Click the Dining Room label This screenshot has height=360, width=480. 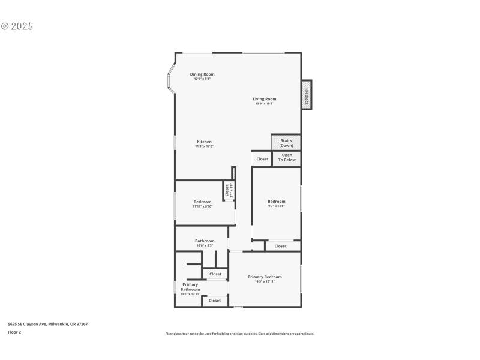pyautogui.click(x=202, y=74)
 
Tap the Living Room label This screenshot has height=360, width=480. pyautogui.click(x=264, y=99)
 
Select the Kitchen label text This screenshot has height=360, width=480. pyautogui.click(x=204, y=142)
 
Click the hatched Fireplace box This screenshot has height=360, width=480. pyautogui.click(x=306, y=95)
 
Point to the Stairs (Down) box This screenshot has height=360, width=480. pyautogui.click(x=286, y=143)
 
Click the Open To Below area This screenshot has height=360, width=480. pyautogui.click(x=286, y=158)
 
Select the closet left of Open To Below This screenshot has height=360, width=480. pyautogui.click(x=262, y=159)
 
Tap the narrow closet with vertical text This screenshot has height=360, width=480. pyautogui.click(x=229, y=190)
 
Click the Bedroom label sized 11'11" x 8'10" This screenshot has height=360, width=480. pyautogui.click(x=202, y=202)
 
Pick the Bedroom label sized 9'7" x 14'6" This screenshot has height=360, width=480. pyautogui.click(x=276, y=201)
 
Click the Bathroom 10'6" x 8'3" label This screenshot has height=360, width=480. pyautogui.click(x=205, y=241)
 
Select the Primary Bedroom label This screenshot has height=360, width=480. pyautogui.click(x=265, y=277)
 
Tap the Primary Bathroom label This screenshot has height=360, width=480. pyautogui.click(x=190, y=287)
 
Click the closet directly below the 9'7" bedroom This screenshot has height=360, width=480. pyautogui.click(x=280, y=246)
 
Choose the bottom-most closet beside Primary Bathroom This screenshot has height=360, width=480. pyautogui.click(x=215, y=301)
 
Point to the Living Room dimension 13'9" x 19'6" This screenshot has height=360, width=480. pyautogui.click(x=264, y=104)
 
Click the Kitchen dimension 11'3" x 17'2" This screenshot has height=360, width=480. pyautogui.click(x=204, y=146)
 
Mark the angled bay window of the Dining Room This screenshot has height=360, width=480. pyautogui.click(x=170, y=77)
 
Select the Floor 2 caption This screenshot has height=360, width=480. pyautogui.click(x=14, y=332)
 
